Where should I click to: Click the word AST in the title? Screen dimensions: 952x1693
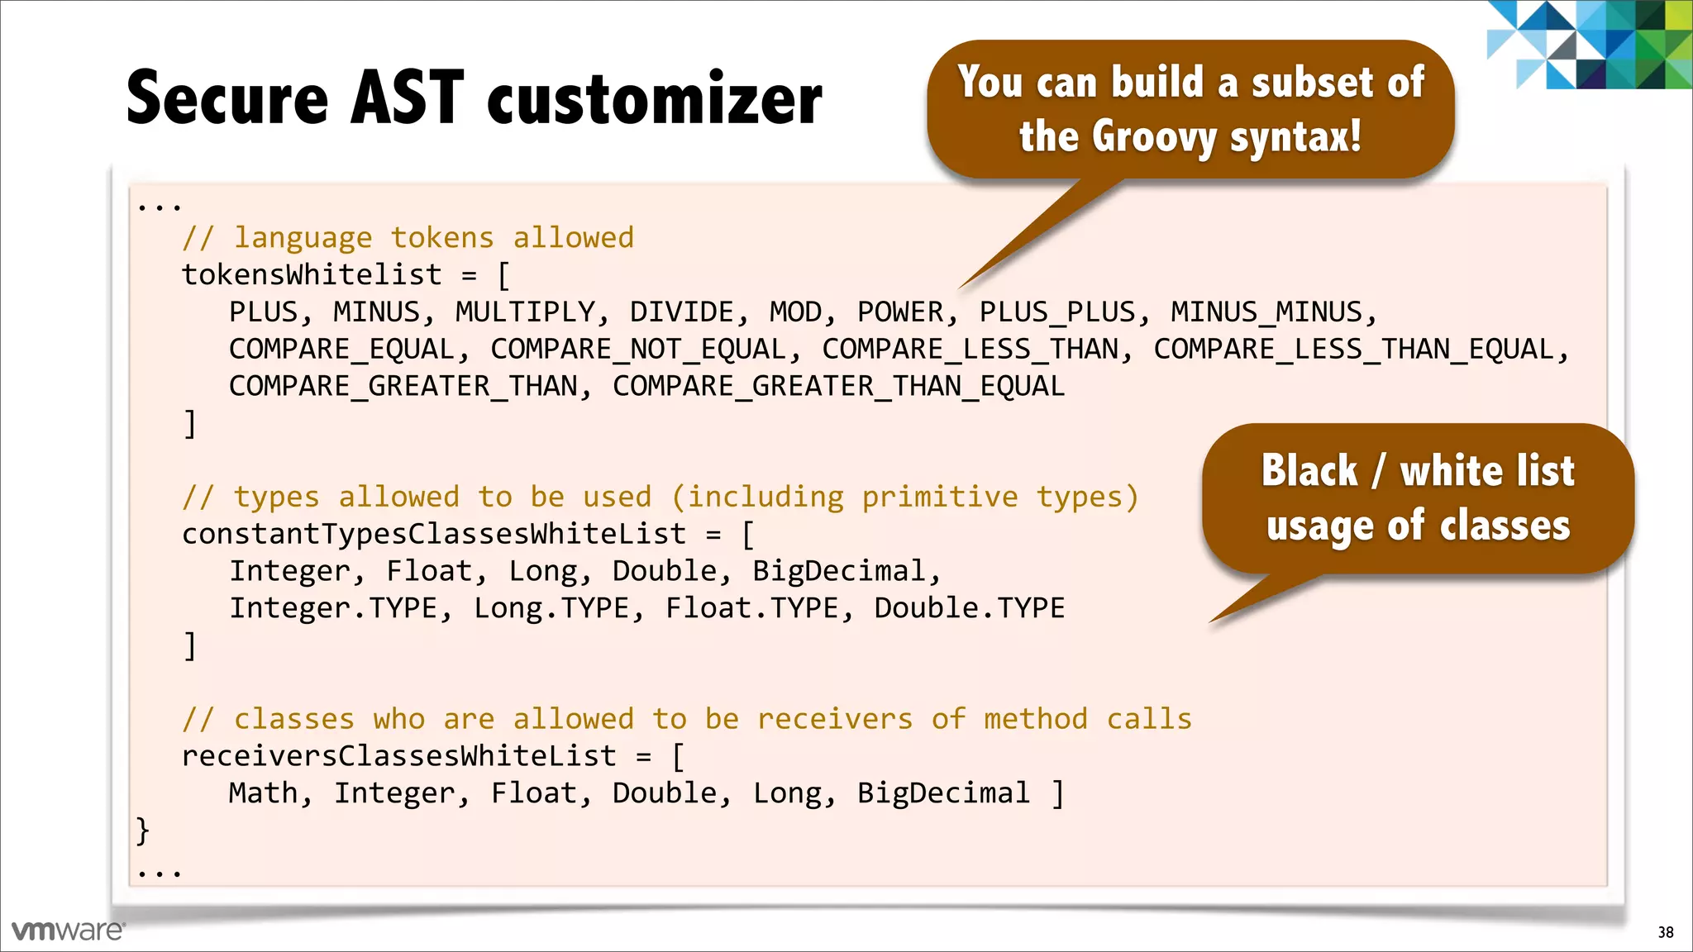(407, 98)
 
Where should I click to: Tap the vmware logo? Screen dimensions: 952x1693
(68, 931)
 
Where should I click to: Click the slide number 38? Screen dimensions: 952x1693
(1665, 932)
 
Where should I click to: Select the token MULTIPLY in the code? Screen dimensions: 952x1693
(524, 312)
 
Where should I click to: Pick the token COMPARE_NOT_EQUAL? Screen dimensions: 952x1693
(637, 350)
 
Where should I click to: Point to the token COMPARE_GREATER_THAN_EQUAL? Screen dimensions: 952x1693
(837, 387)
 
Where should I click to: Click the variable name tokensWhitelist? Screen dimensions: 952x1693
(312, 275)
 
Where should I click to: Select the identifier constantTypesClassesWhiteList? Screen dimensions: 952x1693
(434, 535)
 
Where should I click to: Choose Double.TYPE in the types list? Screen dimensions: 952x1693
(969, 609)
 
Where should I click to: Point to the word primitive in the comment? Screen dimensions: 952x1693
(940, 497)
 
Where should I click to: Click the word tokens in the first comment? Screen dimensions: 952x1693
(441, 238)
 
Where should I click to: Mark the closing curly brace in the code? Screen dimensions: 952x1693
(143, 830)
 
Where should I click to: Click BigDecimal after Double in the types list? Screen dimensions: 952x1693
(837, 572)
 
